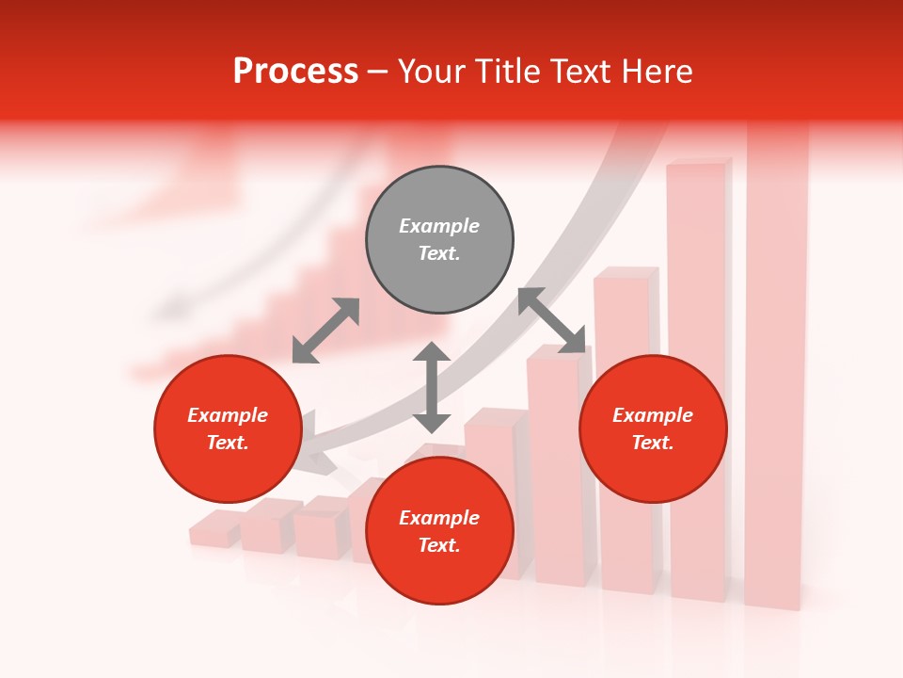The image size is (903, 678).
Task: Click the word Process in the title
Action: [x=295, y=72]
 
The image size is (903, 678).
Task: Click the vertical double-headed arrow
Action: [x=432, y=387]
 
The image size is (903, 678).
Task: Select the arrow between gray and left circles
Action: [x=325, y=331]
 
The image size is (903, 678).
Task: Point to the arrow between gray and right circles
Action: [x=552, y=320]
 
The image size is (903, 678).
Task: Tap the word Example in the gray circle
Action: [x=439, y=226]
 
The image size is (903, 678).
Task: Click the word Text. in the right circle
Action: [x=653, y=443]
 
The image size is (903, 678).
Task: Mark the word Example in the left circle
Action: [x=228, y=415]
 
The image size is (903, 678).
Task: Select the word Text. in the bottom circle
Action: [x=439, y=545]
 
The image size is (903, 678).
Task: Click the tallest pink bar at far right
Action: [x=777, y=377]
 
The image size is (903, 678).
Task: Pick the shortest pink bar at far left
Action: [x=214, y=530]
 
